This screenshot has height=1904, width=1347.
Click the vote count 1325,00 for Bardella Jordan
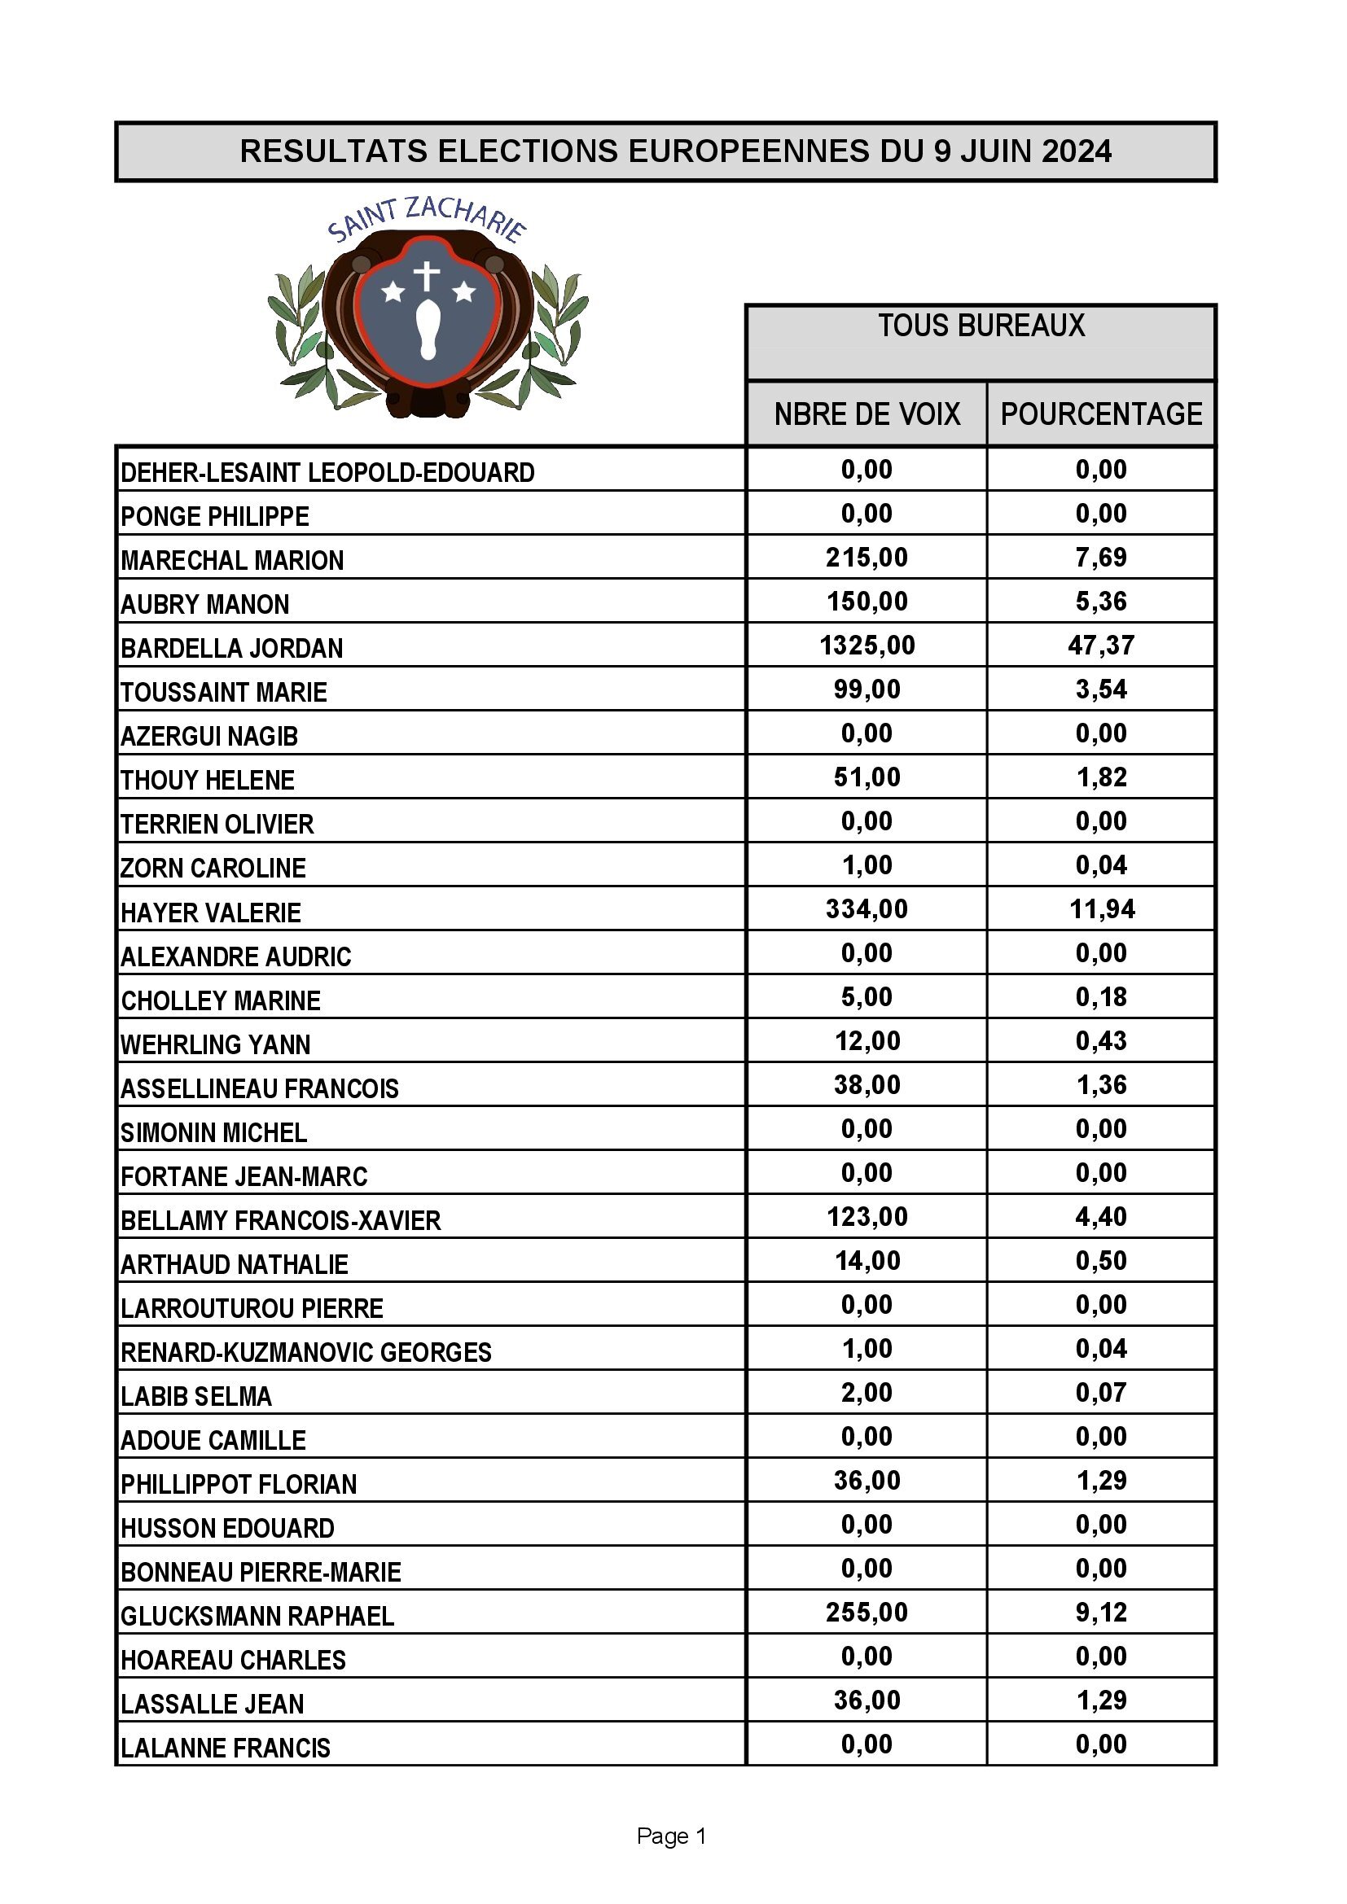pos(867,646)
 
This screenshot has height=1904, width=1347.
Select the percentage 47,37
pos(1101,646)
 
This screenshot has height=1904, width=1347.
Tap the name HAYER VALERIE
pos(211,913)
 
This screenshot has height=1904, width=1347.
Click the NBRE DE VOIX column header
pos(867,414)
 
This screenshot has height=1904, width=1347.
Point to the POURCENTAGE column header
pos(1101,414)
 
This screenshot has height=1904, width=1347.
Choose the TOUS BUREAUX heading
pos(981,326)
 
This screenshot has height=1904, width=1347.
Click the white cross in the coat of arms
pos(428,275)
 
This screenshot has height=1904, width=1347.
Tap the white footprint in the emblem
pos(428,330)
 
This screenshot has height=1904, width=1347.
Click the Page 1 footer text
pos(671,1836)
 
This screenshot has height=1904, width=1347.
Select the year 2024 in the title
pos(1076,151)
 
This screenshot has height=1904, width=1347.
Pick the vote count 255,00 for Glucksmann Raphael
pos(867,1612)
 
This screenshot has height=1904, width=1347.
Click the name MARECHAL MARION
pos(232,561)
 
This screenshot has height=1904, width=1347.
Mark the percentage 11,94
pos(1102,910)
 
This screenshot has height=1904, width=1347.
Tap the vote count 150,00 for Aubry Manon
pos(867,602)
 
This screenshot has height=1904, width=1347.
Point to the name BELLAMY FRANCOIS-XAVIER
pos(280,1221)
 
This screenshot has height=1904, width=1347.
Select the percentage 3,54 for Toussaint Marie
pos(1101,689)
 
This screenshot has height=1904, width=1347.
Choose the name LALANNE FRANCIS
pos(226,1748)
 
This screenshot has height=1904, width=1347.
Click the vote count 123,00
pos(867,1216)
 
